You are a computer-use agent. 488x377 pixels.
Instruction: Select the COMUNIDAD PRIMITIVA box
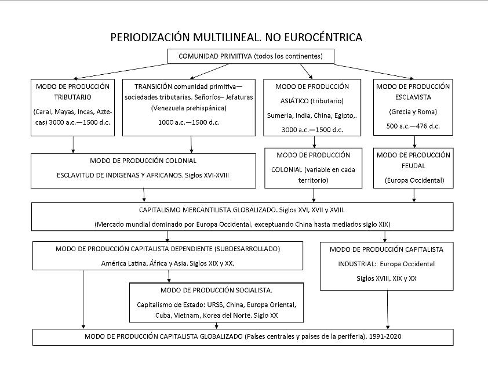[x=252, y=56]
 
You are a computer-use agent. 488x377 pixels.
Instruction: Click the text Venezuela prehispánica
[x=188, y=108]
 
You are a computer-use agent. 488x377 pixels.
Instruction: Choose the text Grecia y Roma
[x=413, y=111]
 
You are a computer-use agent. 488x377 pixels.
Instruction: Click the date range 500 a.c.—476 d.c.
[x=413, y=126]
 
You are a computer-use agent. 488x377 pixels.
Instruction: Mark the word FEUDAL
[x=413, y=166]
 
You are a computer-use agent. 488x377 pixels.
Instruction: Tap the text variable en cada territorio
[x=313, y=175]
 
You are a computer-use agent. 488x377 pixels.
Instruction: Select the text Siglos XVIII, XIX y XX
[x=386, y=278]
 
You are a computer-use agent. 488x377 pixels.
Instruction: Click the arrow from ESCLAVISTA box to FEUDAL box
[x=414, y=142]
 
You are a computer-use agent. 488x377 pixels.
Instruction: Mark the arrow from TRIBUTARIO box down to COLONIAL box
[x=74, y=144]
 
